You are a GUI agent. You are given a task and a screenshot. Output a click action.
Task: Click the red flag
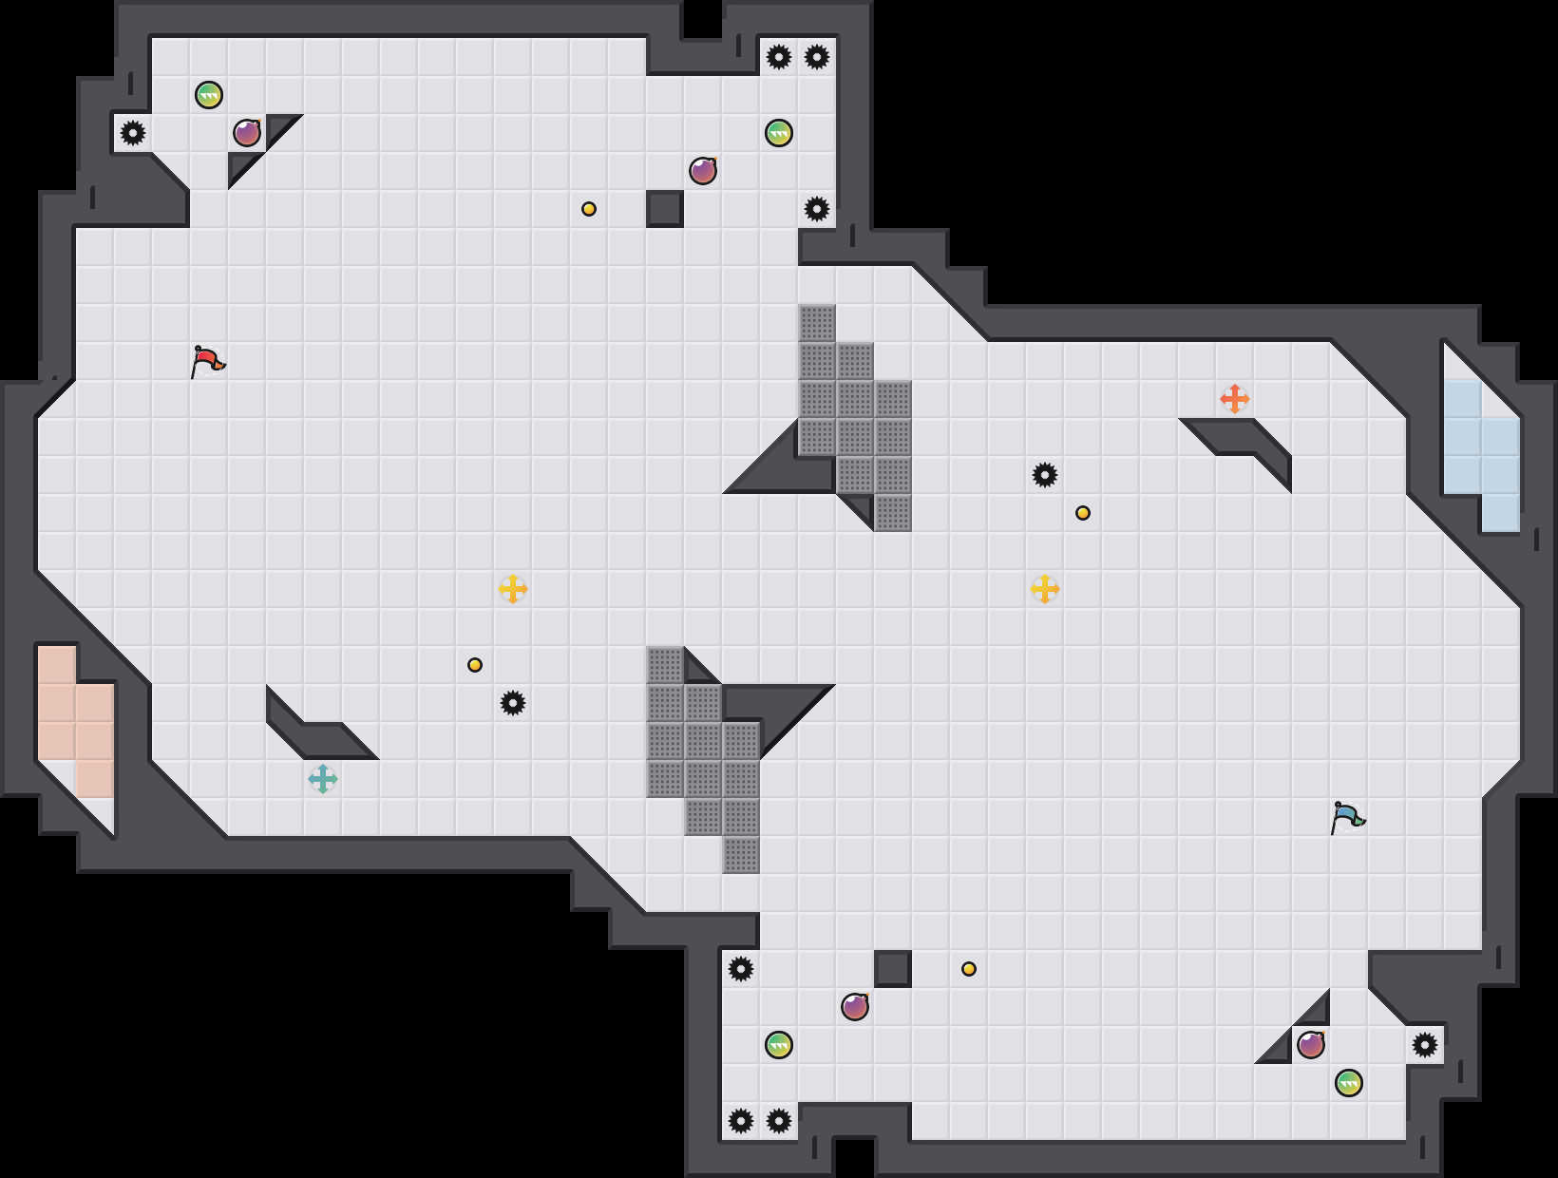207,361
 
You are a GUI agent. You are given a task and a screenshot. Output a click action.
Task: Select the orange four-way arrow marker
1234,399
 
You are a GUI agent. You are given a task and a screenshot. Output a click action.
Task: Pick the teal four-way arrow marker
323,779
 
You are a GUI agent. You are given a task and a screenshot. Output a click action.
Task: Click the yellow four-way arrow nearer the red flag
513,589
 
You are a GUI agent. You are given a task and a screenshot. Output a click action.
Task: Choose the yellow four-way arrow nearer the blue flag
1045,589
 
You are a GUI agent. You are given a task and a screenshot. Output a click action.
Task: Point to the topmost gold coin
589,209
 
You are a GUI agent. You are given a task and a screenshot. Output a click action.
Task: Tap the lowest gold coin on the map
969,969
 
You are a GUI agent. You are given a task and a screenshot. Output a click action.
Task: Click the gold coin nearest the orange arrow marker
1083,513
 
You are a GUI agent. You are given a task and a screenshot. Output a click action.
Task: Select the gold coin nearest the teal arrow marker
475,665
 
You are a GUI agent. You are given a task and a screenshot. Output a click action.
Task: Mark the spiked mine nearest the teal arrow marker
513,703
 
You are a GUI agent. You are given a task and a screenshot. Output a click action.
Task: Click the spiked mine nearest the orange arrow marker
1045,475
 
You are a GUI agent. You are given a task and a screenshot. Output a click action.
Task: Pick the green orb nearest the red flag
209,95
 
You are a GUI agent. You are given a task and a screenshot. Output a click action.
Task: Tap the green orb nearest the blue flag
1349,1083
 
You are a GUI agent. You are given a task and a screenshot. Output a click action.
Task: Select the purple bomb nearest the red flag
247,133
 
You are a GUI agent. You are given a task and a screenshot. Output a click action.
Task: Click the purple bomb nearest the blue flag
1311,1045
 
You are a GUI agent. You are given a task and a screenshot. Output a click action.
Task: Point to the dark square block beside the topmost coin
665,209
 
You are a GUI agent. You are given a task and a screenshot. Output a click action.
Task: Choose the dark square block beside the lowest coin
893,969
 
